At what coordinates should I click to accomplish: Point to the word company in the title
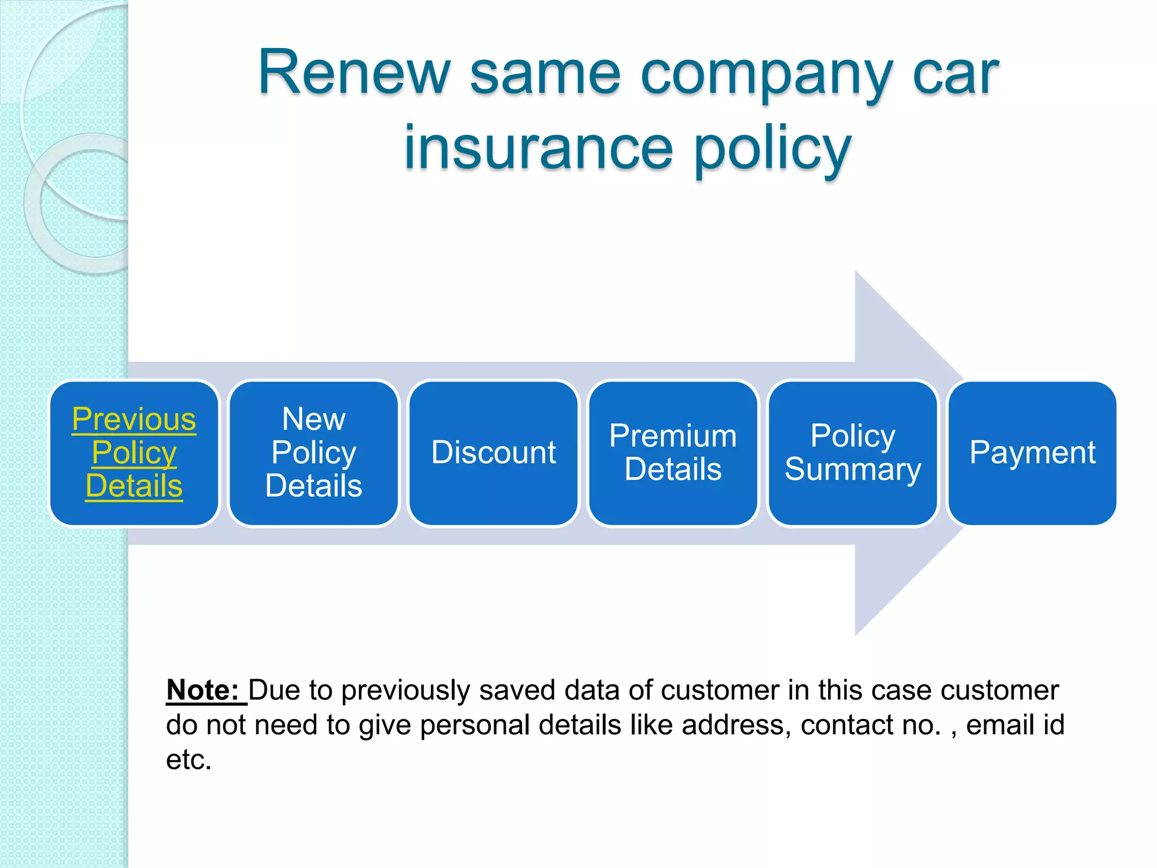click(x=765, y=73)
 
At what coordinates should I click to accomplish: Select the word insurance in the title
click(x=538, y=148)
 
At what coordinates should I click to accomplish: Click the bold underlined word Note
click(x=202, y=690)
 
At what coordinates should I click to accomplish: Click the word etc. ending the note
click(x=189, y=759)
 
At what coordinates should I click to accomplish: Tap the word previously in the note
click(x=406, y=691)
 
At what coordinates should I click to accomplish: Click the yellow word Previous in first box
click(x=134, y=419)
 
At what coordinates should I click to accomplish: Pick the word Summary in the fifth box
click(x=852, y=469)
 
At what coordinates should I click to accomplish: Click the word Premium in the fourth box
click(x=673, y=436)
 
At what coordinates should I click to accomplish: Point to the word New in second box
click(x=314, y=419)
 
